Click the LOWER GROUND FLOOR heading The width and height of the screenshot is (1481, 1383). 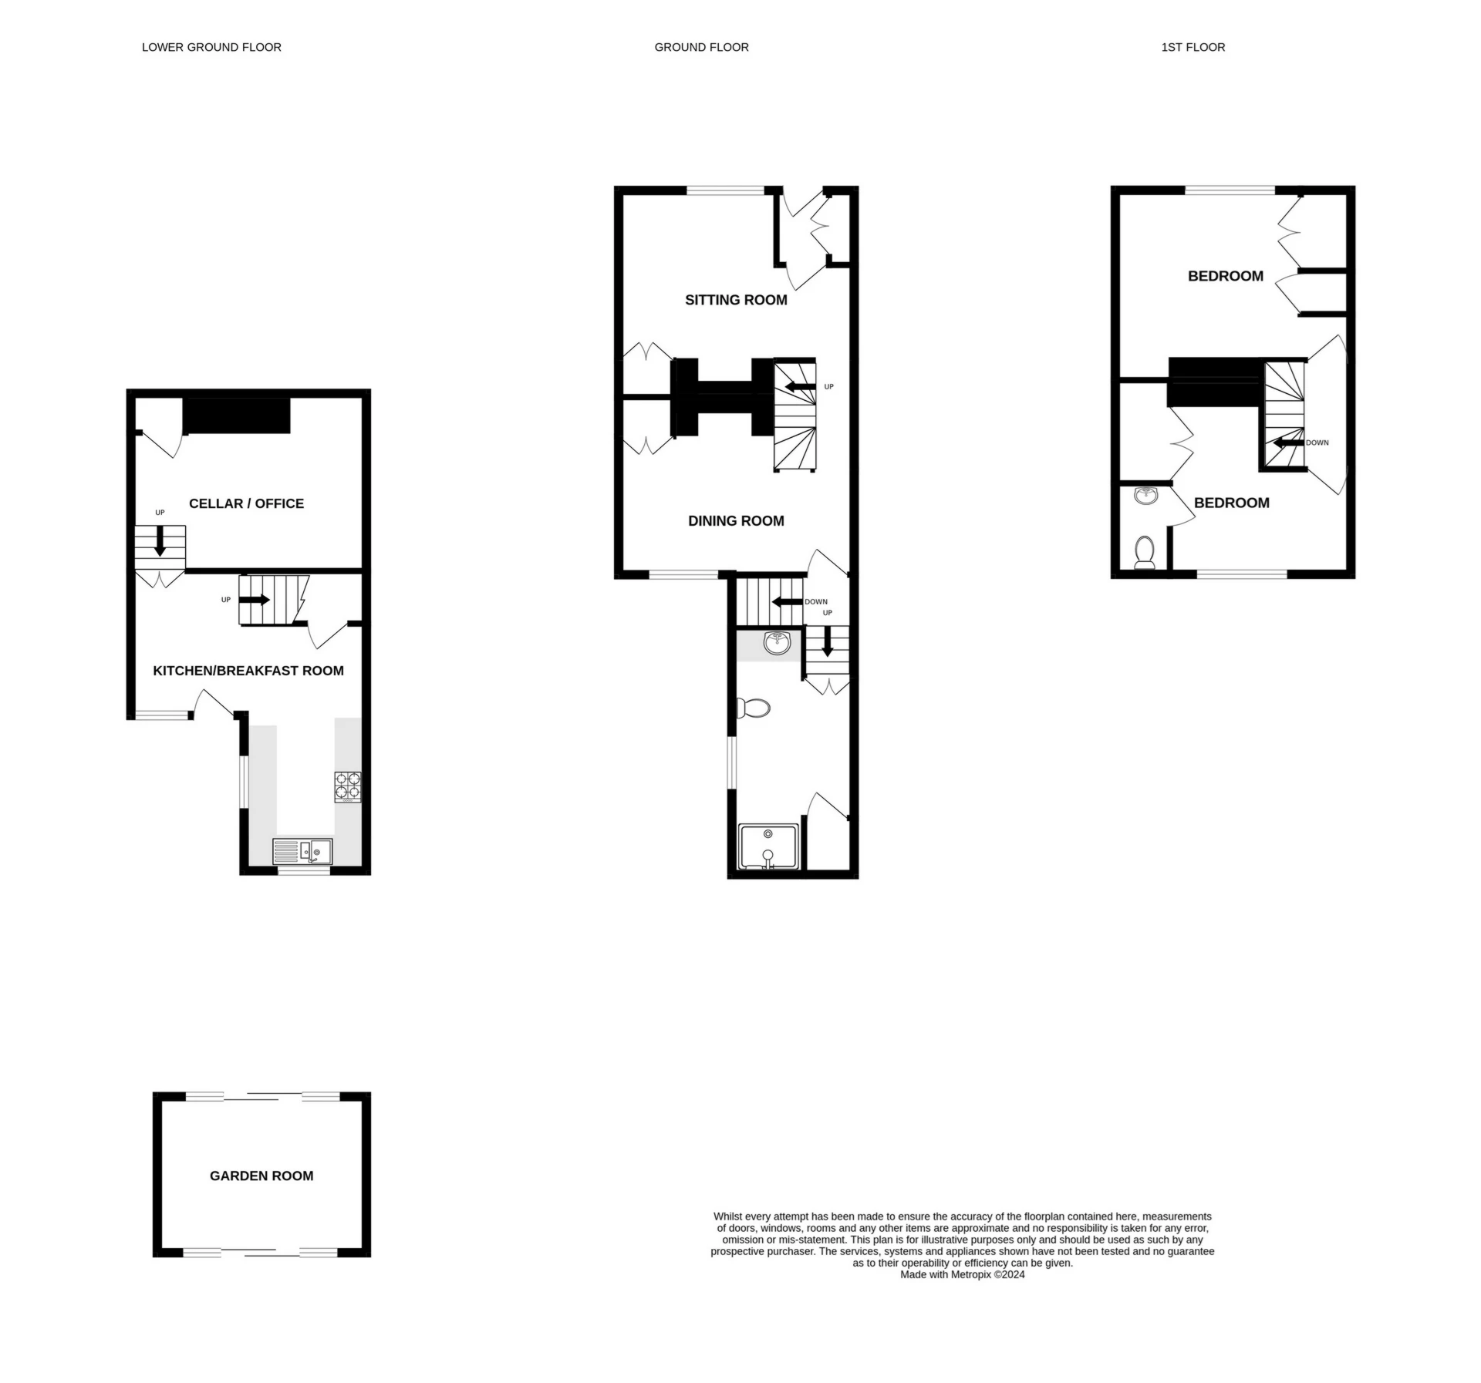tap(211, 47)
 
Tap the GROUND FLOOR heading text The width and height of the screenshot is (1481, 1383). tap(701, 47)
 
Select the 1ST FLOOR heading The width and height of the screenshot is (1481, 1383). tap(1193, 47)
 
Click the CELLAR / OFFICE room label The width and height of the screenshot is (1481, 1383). tap(246, 503)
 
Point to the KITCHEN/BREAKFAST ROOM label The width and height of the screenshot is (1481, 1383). tap(248, 671)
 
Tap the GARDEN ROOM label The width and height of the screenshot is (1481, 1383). tap(261, 1176)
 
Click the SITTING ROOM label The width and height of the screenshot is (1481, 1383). tap(736, 300)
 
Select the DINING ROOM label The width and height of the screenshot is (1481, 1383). tap(736, 521)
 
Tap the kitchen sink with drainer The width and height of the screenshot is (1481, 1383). tap(302, 851)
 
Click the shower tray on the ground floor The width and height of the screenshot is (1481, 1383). tap(768, 846)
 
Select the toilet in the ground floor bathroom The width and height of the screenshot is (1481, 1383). tap(754, 708)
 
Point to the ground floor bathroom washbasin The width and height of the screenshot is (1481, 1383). tap(778, 643)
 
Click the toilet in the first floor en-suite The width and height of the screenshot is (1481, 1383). tap(1145, 552)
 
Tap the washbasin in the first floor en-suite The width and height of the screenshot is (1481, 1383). tap(1146, 495)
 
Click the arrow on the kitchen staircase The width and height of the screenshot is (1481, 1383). tap(255, 599)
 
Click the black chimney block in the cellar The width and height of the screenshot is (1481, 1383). tap(236, 416)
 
